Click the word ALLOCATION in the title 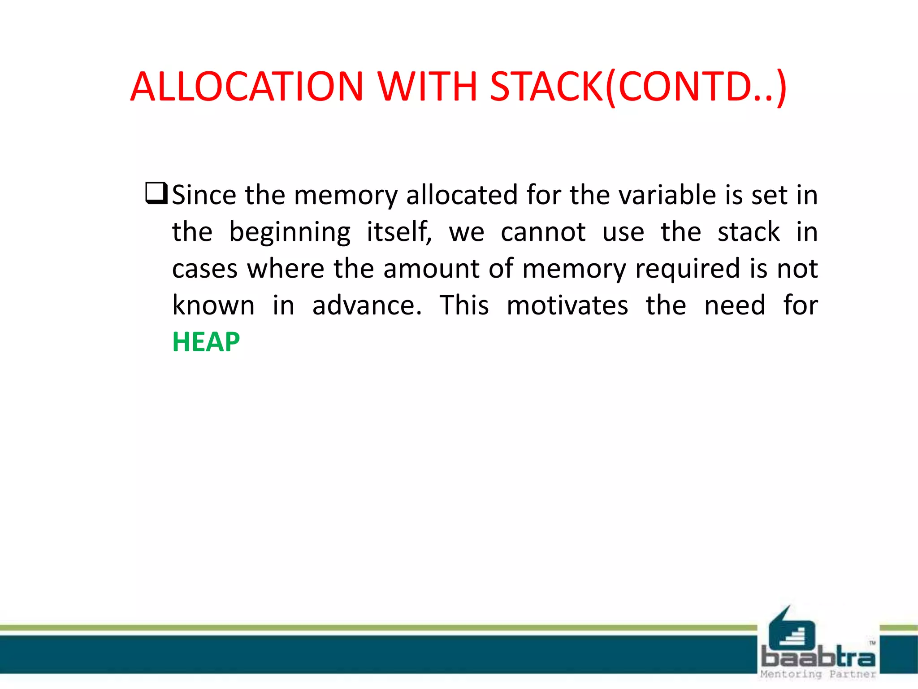[247, 86]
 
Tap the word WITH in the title [427, 86]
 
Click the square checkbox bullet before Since [156, 193]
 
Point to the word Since [204, 195]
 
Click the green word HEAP [206, 342]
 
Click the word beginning [290, 232]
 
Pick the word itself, [399, 232]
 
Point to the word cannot [543, 232]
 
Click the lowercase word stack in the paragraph [749, 232]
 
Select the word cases [204, 269]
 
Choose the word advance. [367, 305]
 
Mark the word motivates [567, 305]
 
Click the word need [735, 305]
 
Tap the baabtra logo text [818, 658]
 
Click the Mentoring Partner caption [818, 674]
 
